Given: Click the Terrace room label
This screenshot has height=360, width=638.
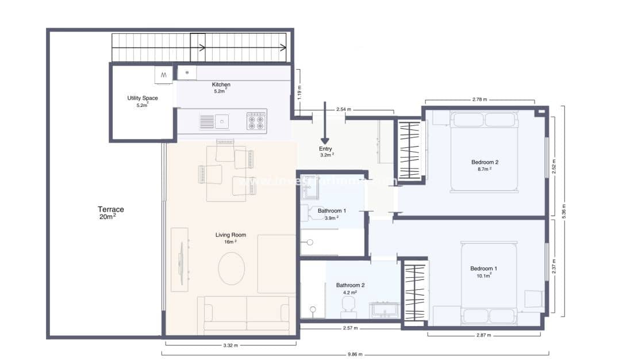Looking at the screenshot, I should point(110,213).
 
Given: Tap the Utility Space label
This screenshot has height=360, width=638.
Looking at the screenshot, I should point(143,101).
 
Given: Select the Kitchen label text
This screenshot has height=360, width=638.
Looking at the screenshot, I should point(221,87).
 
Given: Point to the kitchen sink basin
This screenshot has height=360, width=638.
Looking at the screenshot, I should point(221,121).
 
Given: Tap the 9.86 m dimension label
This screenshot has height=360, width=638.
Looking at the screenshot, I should point(355,354).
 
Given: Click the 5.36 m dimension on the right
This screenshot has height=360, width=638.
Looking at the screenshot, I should point(564,210).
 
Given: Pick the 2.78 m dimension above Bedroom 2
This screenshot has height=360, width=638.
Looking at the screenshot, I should point(479,99).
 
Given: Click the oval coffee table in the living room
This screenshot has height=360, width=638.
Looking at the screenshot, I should point(232,268).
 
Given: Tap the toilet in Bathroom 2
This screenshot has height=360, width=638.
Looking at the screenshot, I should point(348,305).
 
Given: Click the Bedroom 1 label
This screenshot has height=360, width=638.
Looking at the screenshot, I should point(483,271).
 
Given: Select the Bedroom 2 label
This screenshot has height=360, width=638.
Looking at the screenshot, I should point(485,165).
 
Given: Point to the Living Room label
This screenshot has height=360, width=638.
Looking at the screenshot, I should point(230,238).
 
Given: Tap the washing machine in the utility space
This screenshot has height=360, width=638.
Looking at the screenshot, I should point(163,75).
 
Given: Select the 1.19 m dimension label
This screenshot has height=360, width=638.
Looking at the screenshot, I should point(299,92).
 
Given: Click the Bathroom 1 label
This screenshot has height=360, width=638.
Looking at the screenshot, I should point(332,213).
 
